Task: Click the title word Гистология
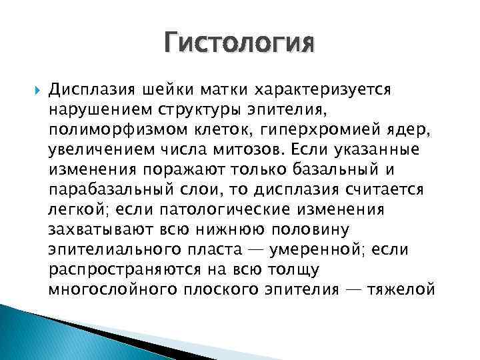(x=239, y=45)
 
